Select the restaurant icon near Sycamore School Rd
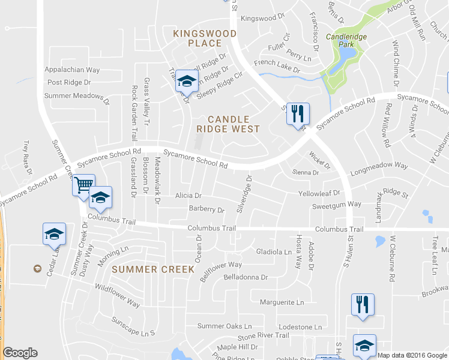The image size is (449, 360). click(298, 113)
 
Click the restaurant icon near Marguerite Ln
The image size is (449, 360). click(363, 304)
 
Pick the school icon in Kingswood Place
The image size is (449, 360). click(187, 80)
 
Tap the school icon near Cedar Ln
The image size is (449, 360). click(54, 233)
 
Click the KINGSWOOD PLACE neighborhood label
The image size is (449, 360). click(197, 38)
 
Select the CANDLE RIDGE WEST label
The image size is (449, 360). click(228, 124)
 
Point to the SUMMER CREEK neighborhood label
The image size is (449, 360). click(153, 269)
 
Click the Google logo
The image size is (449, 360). click(20, 353)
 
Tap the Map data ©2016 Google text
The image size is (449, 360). click(412, 355)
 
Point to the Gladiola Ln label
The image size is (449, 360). click(273, 251)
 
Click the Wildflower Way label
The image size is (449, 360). click(118, 296)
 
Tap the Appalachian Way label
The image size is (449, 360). click(72, 70)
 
